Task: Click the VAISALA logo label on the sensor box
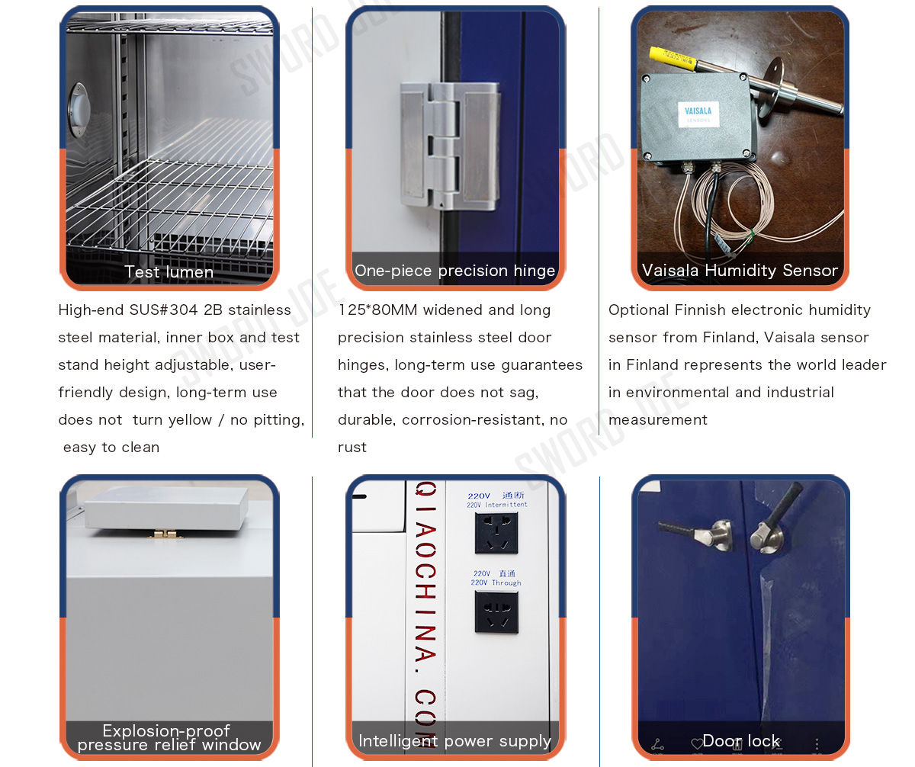click(698, 114)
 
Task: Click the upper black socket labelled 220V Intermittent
click(496, 533)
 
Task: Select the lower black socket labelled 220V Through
click(496, 612)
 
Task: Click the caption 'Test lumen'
click(169, 271)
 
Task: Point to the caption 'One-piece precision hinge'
click(455, 271)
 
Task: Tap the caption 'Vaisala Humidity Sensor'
click(740, 271)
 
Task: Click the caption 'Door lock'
click(741, 741)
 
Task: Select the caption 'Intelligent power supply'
click(454, 741)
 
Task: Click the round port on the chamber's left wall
click(79, 110)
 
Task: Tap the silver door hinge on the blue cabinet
click(450, 146)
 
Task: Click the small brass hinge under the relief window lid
click(165, 534)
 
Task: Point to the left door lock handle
click(697, 534)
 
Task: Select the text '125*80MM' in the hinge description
click(377, 310)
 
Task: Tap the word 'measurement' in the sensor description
click(658, 420)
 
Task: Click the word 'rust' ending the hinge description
click(352, 448)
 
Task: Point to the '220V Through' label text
click(496, 582)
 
